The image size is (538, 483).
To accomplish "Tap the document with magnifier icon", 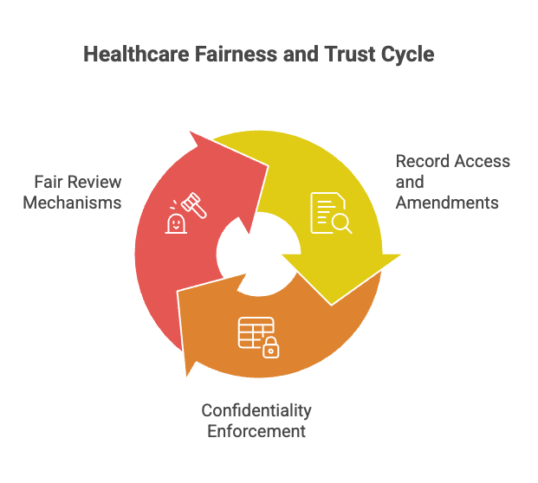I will point(331,213).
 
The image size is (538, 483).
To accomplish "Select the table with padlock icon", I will point(259,338).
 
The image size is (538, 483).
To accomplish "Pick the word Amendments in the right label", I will point(447,203).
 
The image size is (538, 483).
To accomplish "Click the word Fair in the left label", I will point(50,182).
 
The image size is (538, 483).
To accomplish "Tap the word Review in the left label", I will point(95,182).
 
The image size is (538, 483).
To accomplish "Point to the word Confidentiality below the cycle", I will point(256,410).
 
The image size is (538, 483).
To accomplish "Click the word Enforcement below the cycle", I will point(256,430).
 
